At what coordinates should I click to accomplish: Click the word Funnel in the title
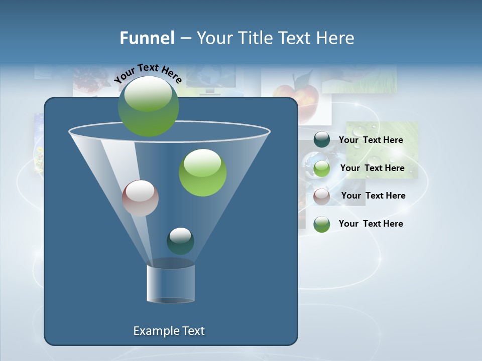point(147,38)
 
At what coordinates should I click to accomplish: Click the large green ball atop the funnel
point(148,106)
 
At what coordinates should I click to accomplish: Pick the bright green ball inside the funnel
point(202,172)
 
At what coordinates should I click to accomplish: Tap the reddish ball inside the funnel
point(140,198)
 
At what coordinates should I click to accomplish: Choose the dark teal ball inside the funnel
point(180,241)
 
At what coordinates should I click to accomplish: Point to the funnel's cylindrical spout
point(170,283)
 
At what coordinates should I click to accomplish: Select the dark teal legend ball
point(322,139)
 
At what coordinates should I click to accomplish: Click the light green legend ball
point(322,168)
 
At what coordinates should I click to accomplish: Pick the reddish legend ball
point(322,196)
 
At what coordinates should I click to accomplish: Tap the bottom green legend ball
point(322,224)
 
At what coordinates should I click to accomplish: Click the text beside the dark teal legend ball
point(371,140)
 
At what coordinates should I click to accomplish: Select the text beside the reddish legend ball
point(373,196)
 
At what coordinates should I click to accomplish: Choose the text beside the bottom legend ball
point(371,224)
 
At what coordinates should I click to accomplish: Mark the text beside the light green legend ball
point(372,168)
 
